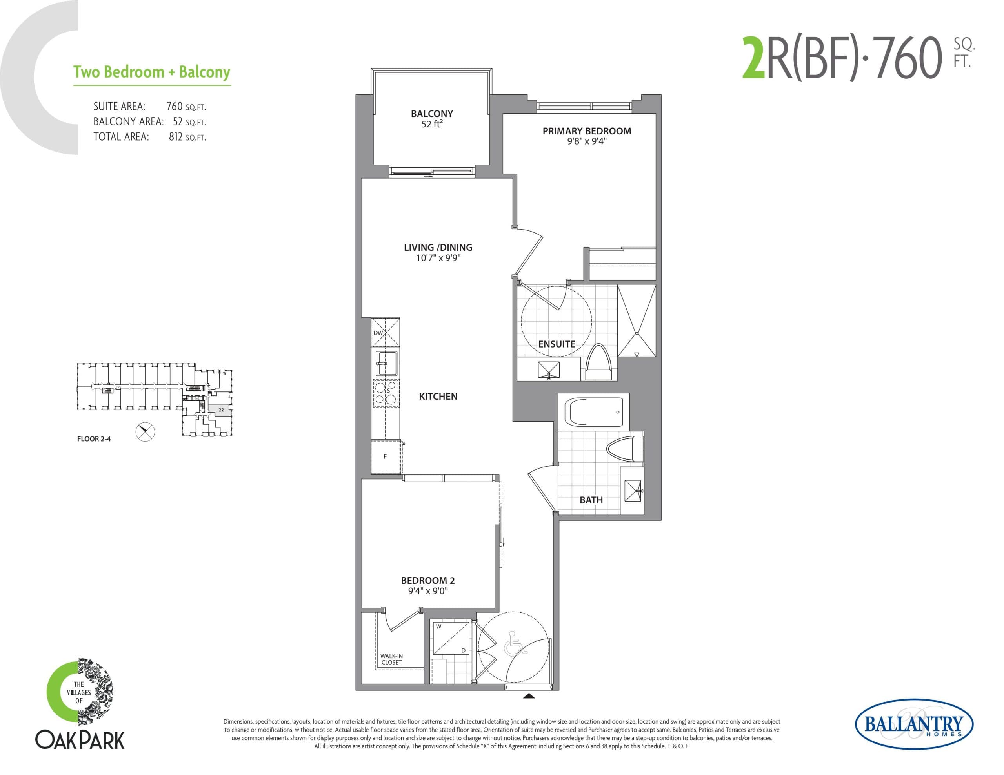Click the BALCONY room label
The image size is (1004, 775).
tap(432, 114)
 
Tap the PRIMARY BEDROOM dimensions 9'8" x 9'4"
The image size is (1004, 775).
tap(587, 141)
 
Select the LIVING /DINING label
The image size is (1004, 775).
tap(438, 247)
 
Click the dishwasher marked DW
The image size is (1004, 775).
tap(385, 333)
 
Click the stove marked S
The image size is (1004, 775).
tap(386, 394)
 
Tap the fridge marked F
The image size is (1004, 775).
tap(385, 456)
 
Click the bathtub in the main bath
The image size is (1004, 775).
tap(593, 412)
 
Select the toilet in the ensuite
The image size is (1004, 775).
tap(598, 363)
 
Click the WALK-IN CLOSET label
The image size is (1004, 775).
tap(391, 659)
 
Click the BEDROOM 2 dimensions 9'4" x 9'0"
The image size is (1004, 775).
tap(427, 591)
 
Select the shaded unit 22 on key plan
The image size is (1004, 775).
tap(220, 409)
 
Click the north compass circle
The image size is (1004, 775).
tap(145, 432)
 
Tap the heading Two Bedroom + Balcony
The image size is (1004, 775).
tap(152, 72)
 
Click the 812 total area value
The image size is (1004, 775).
tap(176, 137)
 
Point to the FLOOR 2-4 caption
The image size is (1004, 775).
tap(94, 439)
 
